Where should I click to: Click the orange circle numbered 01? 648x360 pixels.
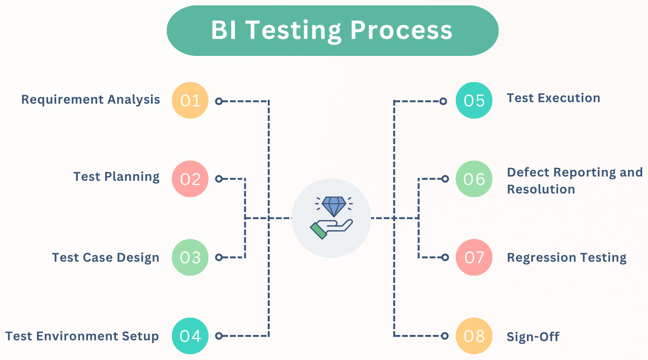[190, 101]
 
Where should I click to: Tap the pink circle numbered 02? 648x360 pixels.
[190, 179]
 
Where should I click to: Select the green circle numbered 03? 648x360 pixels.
[190, 257]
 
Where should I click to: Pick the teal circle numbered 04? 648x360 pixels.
[190, 336]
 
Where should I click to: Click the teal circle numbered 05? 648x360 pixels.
[474, 101]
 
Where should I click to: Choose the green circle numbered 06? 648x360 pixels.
[474, 179]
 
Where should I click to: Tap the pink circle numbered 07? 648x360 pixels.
[474, 257]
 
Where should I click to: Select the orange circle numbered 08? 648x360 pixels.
[474, 336]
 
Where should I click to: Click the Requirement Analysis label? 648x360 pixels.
[91, 100]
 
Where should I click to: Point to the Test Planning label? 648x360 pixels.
[116, 177]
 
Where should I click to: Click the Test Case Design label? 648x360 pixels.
[106, 258]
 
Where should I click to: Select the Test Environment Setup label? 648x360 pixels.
[82, 336]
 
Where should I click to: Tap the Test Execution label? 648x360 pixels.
[553, 98]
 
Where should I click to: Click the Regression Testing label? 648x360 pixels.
[566, 258]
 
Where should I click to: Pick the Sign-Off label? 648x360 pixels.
[533, 337]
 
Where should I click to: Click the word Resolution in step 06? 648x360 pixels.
[541, 189]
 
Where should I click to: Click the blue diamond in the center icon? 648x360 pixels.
[334, 206]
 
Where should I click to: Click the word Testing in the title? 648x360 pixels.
[294, 30]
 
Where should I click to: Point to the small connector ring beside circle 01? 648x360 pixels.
[219, 101]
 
